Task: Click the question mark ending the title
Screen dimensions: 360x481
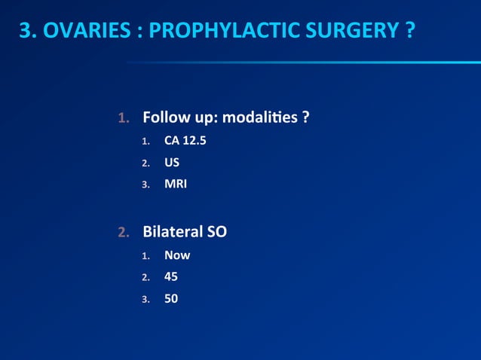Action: (x=407, y=32)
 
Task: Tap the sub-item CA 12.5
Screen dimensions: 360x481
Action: (x=185, y=140)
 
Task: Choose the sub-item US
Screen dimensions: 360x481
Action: (x=172, y=161)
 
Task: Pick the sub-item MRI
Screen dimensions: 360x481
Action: (x=176, y=183)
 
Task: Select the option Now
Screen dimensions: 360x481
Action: (x=177, y=255)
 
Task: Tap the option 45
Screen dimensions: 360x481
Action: (x=171, y=276)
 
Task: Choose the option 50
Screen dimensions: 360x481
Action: (x=171, y=298)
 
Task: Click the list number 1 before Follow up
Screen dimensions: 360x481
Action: (x=124, y=118)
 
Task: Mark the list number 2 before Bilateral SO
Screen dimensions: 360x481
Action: (x=124, y=232)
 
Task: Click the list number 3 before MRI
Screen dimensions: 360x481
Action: (x=146, y=184)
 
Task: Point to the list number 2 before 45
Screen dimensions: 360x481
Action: (x=146, y=277)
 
